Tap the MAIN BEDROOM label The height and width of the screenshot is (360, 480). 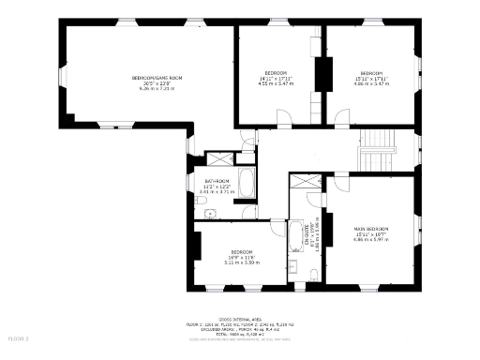[x=371, y=229]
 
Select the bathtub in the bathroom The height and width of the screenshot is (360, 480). [x=247, y=182]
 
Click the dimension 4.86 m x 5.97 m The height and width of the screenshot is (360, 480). [x=371, y=239]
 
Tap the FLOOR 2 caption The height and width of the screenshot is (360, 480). [x=19, y=337]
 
